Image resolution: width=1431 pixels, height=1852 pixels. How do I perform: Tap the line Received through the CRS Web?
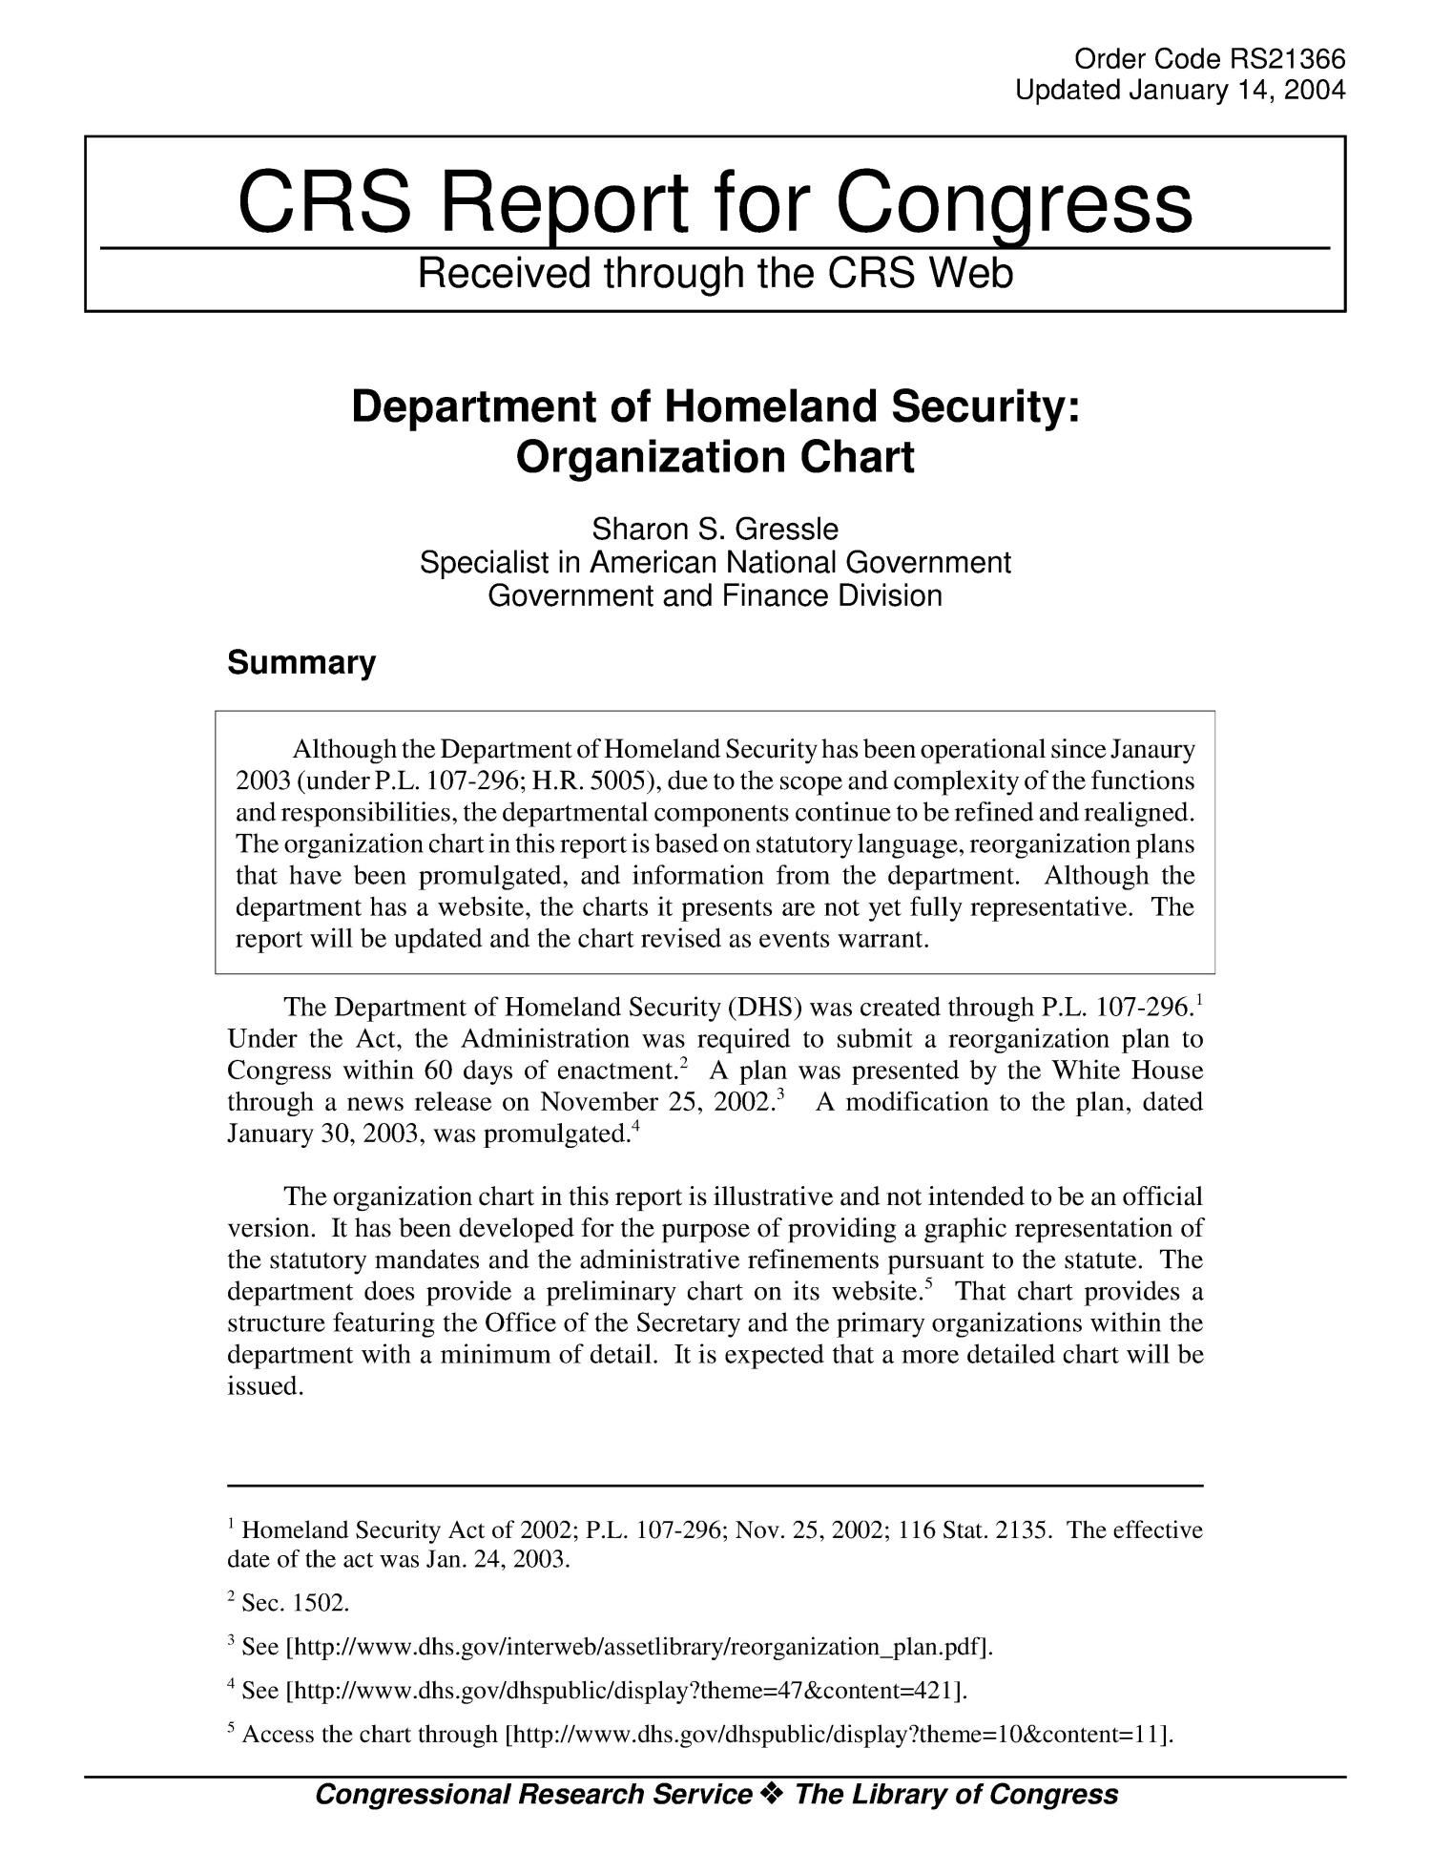(x=715, y=275)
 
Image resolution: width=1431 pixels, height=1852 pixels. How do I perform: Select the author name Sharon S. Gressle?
(x=715, y=528)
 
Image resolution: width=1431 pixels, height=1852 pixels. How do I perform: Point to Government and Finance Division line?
(x=715, y=596)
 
